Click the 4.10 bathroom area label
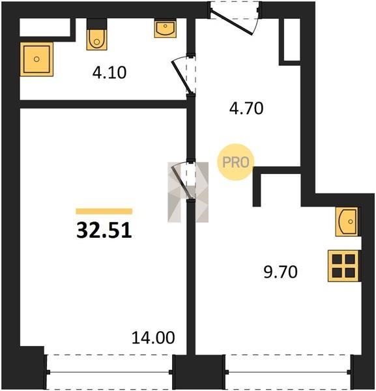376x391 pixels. (109, 73)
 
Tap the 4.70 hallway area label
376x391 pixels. (246, 108)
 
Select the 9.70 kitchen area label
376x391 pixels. (280, 272)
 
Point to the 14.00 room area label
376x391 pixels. (153, 338)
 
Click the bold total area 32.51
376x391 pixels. (104, 231)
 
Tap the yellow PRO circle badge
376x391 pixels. (236, 162)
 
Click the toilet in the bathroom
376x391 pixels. (96, 40)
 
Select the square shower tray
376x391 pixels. (36, 59)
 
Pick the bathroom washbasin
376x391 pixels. (165, 29)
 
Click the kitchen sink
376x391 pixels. (347, 222)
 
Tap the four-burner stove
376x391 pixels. (343, 266)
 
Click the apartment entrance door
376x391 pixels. (234, 18)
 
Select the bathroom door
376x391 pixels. (184, 75)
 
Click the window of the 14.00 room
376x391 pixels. (109, 372)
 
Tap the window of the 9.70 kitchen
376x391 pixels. (289, 372)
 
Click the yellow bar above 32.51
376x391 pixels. (104, 211)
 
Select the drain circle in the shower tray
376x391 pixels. (36, 59)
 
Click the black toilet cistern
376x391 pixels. (96, 24)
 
